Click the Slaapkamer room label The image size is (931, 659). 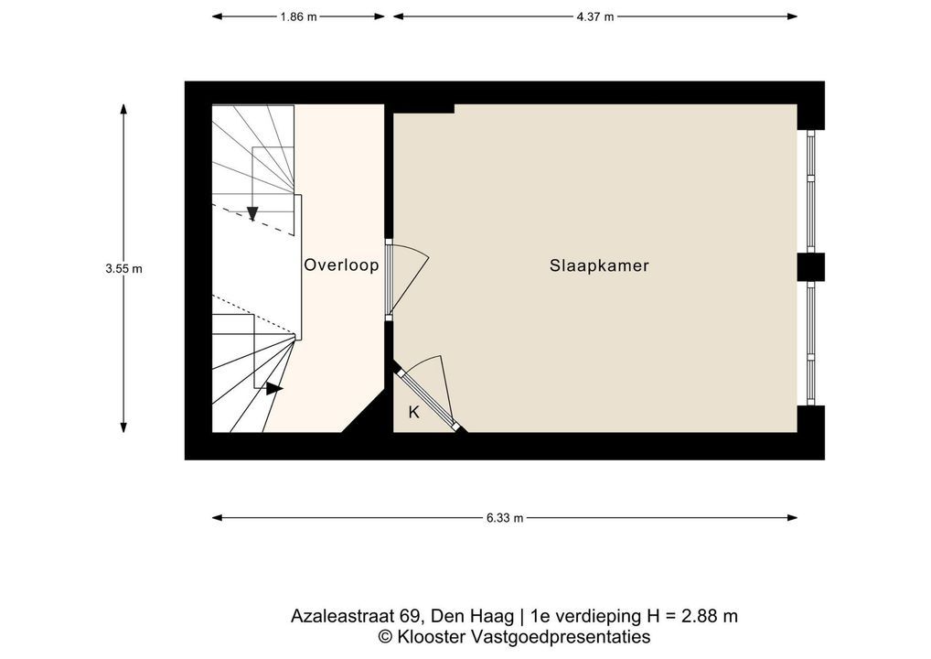coord(599,265)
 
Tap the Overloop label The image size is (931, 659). coord(341,265)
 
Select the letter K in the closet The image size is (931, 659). coord(414,412)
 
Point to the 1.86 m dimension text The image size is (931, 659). coord(298,16)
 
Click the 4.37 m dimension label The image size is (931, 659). coord(595,16)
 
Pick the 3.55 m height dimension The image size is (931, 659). coord(124,268)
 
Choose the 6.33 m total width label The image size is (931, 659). coord(505,517)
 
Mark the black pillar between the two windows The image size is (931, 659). coord(810,267)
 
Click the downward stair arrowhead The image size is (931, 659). coord(252,212)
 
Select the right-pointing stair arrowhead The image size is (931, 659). coord(273,389)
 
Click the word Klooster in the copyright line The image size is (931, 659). coord(432,637)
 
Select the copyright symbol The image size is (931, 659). coord(385,637)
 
